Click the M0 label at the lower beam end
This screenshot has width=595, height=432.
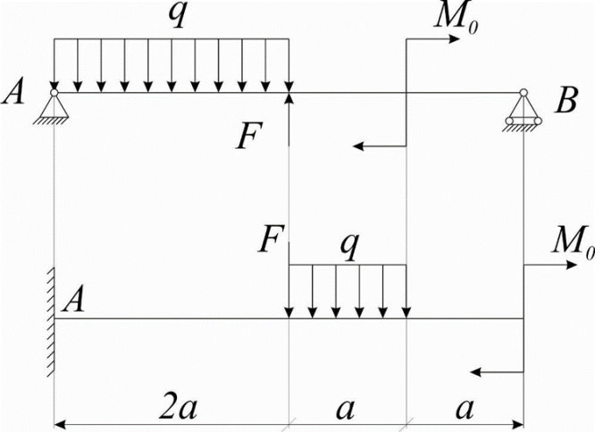573,240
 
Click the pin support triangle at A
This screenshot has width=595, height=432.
54,106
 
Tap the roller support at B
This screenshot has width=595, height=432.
524,112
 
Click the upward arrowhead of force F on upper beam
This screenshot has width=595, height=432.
289,97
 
